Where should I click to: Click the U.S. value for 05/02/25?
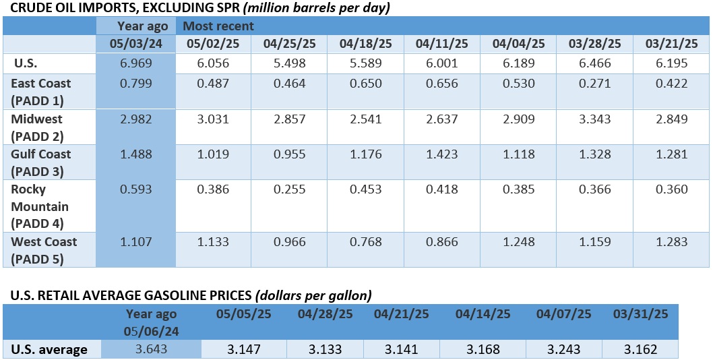click(x=212, y=63)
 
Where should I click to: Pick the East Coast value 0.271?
click(x=594, y=84)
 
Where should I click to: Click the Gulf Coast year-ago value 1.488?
click(x=136, y=154)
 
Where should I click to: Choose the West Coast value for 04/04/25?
click(x=518, y=241)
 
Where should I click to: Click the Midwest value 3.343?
click(x=594, y=119)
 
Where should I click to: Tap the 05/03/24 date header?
click(x=136, y=44)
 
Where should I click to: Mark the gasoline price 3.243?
click(x=564, y=349)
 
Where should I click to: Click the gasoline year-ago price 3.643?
click(x=151, y=349)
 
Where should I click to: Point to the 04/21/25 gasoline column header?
click(x=402, y=313)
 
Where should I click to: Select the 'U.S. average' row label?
click(x=49, y=349)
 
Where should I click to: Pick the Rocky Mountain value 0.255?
click(x=288, y=189)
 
